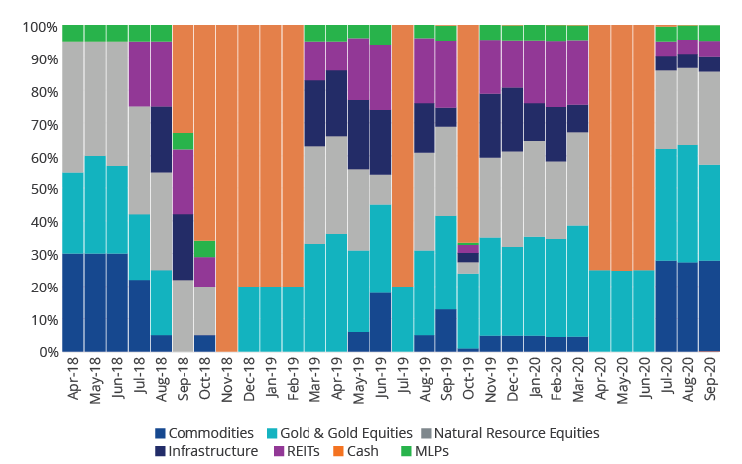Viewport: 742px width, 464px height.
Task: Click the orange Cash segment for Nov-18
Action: [226, 188]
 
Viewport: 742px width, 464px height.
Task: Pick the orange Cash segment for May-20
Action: [622, 149]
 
